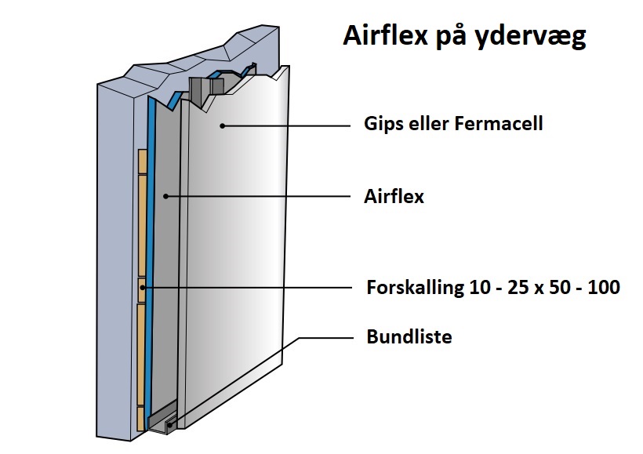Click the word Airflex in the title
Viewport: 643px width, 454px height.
point(386,35)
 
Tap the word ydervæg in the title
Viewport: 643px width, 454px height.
point(531,38)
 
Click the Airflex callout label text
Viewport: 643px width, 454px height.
point(394,197)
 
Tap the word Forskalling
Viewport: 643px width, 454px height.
point(415,288)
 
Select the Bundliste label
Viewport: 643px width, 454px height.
point(409,336)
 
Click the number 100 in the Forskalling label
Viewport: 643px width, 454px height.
point(604,287)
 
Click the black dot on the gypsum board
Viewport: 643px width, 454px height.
point(222,125)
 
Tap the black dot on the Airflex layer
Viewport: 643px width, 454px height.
point(165,197)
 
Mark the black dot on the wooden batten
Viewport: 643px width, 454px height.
point(142,288)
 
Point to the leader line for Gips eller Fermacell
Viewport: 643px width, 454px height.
point(286,125)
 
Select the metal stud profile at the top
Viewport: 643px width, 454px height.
point(207,90)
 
